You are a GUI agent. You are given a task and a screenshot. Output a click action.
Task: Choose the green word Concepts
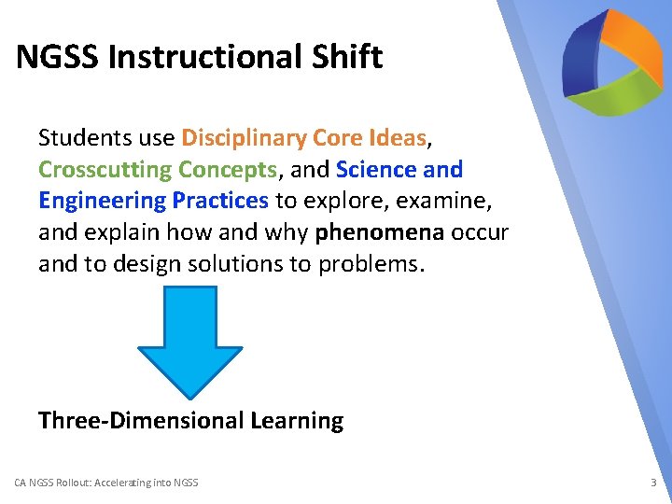click(227, 170)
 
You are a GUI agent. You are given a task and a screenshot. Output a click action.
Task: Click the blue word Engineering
click(103, 201)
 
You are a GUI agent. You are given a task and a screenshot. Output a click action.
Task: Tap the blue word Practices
click(220, 201)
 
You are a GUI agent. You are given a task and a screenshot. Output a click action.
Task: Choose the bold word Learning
click(297, 421)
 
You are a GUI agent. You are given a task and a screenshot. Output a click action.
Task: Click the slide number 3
click(653, 483)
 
